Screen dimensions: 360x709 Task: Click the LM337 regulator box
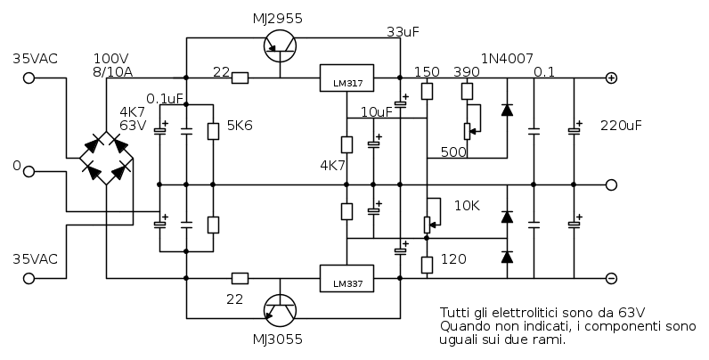pyautogui.click(x=346, y=279)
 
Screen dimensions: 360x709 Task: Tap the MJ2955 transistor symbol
pyautogui.click(x=281, y=46)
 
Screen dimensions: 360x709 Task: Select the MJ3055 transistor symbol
pyautogui.click(x=281, y=309)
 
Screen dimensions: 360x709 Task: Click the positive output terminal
pyautogui.click(x=611, y=78)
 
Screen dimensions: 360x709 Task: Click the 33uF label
pyautogui.click(x=403, y=32)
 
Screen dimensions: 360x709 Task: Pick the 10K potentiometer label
pyautogui.click(x=467, y=206)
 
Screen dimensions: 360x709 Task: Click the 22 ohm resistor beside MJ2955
pyautogui.click(x=240, y=78)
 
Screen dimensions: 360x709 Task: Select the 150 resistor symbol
pyautogui.click(x=428, y=91)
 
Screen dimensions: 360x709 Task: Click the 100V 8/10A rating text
pyautogui.click(x=112, y=64)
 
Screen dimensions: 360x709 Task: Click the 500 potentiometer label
pyautogui.click(x=453, y=152)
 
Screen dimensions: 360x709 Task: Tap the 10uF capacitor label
pyautogui.click(x=377, y=111)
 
